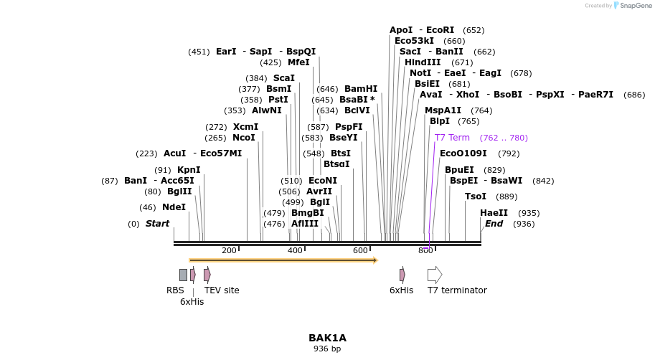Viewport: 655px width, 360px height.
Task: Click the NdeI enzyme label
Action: pos(174,207)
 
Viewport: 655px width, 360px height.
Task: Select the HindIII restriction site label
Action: pos(423,62)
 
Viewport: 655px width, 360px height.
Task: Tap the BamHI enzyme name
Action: pos(360,89)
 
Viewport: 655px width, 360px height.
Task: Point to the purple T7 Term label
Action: pos(452,138)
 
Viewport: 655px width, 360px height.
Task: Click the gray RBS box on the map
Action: pos(183,275)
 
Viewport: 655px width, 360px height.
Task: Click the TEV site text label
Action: pos(222,290)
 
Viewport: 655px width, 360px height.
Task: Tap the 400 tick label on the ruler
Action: pos(295,250)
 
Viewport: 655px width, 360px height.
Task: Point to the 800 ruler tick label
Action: pos(425,250)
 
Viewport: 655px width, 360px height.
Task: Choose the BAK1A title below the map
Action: pos(327,338)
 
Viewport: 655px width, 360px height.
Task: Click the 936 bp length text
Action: pos(327,349)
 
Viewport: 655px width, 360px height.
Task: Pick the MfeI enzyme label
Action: pos(298,62)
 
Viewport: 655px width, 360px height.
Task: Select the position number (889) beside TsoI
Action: pos(506,196)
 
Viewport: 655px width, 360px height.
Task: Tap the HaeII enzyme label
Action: pos(494,213)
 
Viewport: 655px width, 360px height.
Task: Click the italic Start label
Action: pos(157,224)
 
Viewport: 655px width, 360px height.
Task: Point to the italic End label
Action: pos(494,224)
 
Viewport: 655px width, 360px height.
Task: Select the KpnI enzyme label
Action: pos(189,170)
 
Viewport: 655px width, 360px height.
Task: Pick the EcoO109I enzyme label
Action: pos(463,153)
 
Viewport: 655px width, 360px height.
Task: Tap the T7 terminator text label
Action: pos(457,290)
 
